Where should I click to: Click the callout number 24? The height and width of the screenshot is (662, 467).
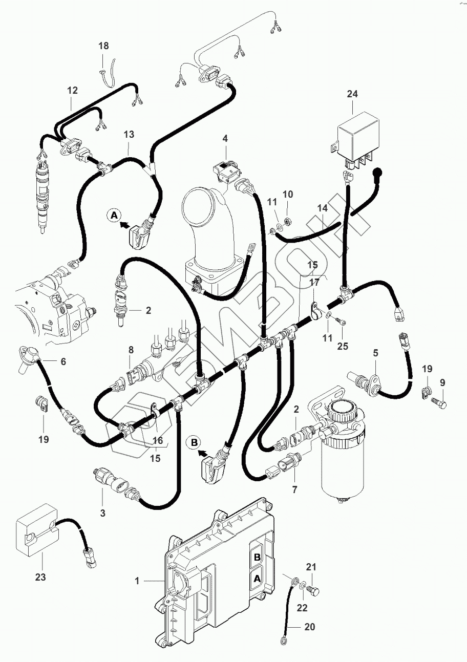point(352,94)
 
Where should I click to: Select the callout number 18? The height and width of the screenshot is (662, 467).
point(103,46)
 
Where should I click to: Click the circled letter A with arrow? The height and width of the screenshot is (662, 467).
point(114,216)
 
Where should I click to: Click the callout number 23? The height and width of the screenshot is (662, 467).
point(40,577)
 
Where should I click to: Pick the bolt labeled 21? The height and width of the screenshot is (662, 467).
point(315,592)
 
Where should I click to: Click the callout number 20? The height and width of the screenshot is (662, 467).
point(309,627)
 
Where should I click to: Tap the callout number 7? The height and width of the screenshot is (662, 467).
point(294,490)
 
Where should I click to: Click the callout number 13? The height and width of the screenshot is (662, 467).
point(129,135)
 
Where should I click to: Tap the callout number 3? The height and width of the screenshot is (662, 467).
point(102,512)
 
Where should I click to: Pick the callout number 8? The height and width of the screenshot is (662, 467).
point(131,351)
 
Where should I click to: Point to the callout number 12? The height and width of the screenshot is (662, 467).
point(72,91)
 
